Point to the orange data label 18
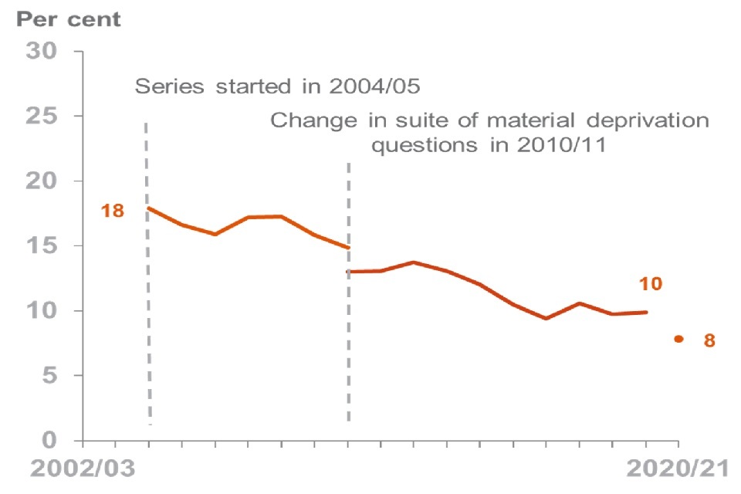click(x=113, y=210)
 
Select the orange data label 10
click(x=651, y=284)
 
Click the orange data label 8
click(x=709, y=340)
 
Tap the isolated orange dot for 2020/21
click(x=678, y=338)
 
